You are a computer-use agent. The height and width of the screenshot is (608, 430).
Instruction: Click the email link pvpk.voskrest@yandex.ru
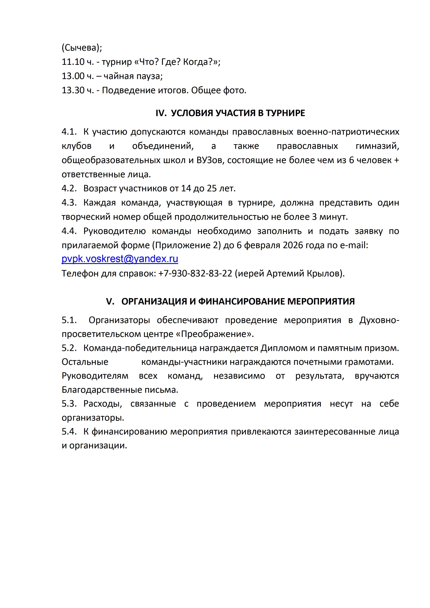[120, 259]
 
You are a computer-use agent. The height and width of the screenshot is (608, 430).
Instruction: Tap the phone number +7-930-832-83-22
[195, 273]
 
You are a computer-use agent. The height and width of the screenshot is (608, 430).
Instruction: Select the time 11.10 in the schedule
[73, 62]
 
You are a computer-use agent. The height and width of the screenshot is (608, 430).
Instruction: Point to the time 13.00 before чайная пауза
[73, 76]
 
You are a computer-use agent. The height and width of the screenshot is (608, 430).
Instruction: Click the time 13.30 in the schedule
[73, 91]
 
